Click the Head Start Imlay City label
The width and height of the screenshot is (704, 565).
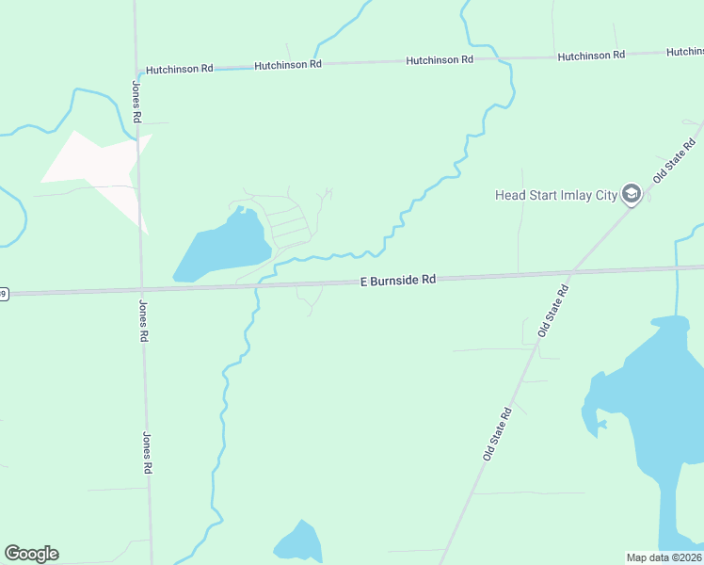pos(555,196)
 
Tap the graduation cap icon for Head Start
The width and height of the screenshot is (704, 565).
pos(632,195)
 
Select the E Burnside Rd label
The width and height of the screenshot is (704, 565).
pos(399,280)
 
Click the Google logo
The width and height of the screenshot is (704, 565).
pos(31,554)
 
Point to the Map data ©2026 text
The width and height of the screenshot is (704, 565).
pos(664,557)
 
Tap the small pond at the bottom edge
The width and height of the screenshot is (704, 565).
pos(298,544)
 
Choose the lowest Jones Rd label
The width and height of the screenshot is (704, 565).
pos(148,452)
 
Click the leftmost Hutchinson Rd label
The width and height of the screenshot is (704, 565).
pos(178,69)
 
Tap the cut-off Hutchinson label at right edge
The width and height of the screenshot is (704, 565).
pos(685,52)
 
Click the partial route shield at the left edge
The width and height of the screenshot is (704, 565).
pos(3,294)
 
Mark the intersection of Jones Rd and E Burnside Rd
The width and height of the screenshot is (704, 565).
pos(141,289)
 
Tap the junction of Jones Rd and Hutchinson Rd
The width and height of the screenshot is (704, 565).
pos(137,71)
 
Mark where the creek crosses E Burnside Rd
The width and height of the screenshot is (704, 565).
pos(257,284)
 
